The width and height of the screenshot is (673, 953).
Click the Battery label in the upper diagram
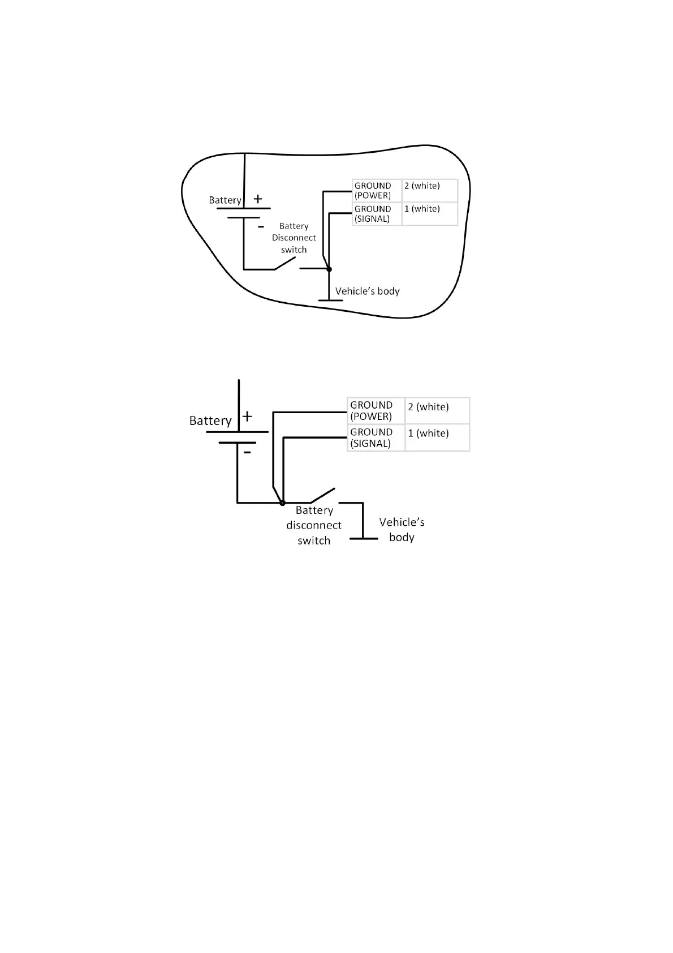click(225, 200)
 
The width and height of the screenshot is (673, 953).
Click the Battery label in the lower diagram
click(210, 421)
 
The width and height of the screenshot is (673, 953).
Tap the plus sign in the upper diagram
click(258, 199)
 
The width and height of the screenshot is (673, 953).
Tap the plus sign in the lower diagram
click(247, 417)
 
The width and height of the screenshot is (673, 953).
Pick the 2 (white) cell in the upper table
click(429, 191)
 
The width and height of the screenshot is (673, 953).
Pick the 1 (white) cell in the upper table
click(429, 214)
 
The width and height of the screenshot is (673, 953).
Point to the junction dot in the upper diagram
click(329, 269)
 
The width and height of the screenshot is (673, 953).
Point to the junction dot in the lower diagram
click(283, 503)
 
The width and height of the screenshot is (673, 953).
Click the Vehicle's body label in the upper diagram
click(368, 291)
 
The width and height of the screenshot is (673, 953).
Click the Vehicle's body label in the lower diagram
click(402, 530)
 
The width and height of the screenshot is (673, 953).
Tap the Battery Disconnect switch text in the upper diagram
click(294, 238)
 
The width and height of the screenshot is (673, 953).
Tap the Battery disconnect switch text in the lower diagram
click(314, 525)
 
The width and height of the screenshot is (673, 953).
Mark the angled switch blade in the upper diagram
click(286, 263)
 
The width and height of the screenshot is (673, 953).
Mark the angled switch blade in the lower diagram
click(323, 495)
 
